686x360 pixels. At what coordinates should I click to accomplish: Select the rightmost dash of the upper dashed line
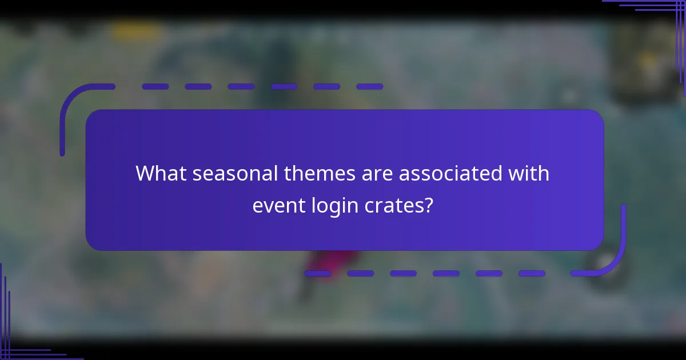coord(370,87)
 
